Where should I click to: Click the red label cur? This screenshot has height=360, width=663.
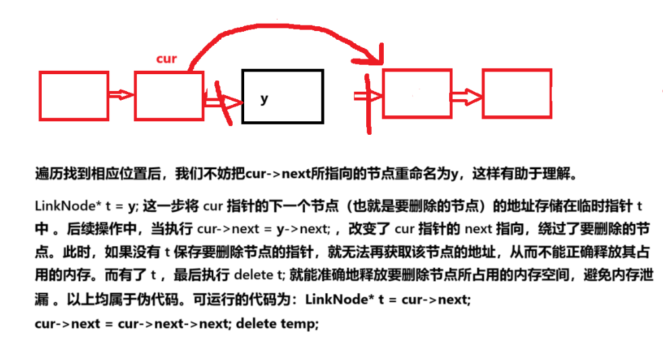166,59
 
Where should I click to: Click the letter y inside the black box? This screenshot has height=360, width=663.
264,99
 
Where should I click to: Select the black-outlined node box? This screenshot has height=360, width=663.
283,97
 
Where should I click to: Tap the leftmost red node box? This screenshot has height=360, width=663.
74,96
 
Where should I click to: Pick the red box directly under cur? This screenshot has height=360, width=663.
169,96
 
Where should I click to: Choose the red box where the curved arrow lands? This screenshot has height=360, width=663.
417,93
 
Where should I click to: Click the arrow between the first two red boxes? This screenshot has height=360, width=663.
122,95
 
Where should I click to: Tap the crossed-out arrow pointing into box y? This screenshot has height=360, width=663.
222,102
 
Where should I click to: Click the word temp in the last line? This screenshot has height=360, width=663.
301,324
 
